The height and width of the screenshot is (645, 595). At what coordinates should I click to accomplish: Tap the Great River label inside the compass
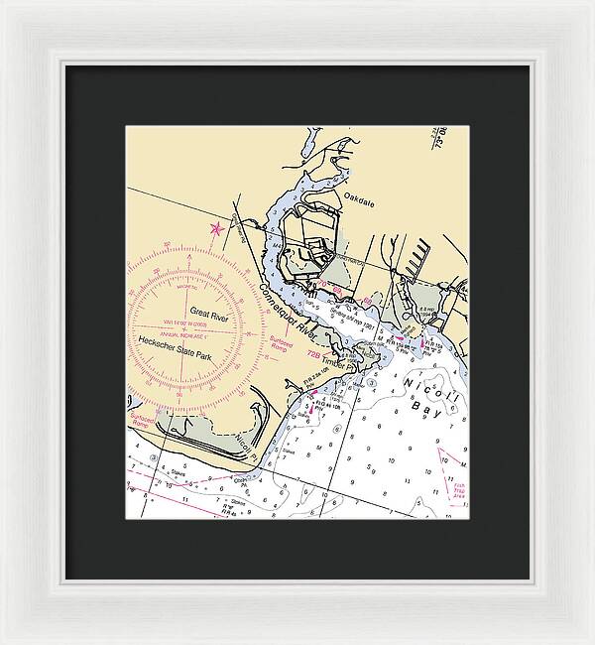209,317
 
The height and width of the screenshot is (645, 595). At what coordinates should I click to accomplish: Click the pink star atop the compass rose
216,230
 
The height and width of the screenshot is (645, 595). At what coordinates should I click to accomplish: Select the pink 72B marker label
313,353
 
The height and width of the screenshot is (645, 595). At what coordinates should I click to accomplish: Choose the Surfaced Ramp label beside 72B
284,343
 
